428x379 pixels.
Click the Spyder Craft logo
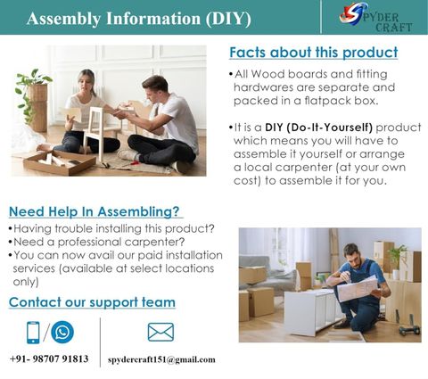point(375,17)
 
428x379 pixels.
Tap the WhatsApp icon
point(62,332)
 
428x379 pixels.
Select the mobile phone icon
point(33,333)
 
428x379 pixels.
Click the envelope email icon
point(160,332)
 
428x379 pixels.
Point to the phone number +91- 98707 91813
point(49,358)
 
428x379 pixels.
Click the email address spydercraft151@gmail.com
point(161,359)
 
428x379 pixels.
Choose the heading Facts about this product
point(314,53)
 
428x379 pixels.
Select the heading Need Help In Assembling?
point(95,211)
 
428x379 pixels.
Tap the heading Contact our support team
point(92,302)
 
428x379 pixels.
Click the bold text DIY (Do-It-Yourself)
point(318,128)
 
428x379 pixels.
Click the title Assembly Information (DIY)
point(139,19)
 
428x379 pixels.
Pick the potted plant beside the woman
point(33,99)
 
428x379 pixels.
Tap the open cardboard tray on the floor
point(60,162)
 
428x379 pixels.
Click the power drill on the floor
point(410,326)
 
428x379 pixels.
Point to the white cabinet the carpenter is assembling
point(313,311)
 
